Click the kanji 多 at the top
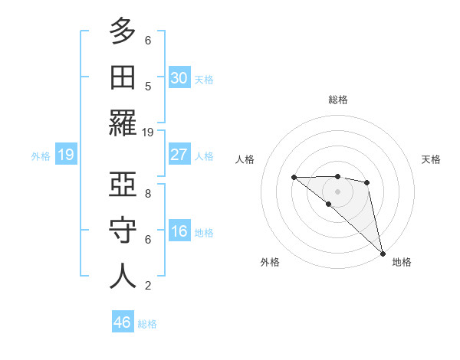tap(123, 31)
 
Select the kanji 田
tap(123, 77)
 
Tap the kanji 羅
tap(123, 123)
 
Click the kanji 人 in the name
tap(123, 276)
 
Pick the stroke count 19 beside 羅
tap(148, 132)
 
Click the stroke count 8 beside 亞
tap(148, 193)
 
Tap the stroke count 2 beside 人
tap(148, 285)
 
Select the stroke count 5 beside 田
tap(148, 86)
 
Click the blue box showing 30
tap(179, 77)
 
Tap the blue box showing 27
tap(179, 155)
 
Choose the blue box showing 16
tap(179, 231)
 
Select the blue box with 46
tap(123, 322)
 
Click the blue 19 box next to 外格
tap(65, 155)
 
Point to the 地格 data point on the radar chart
tap(382, 252)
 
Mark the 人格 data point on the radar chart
tap(294, 177)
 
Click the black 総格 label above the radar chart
tap(338, 100)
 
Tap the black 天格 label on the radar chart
tap(431, 159)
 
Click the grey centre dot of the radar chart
tap(338, 191)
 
